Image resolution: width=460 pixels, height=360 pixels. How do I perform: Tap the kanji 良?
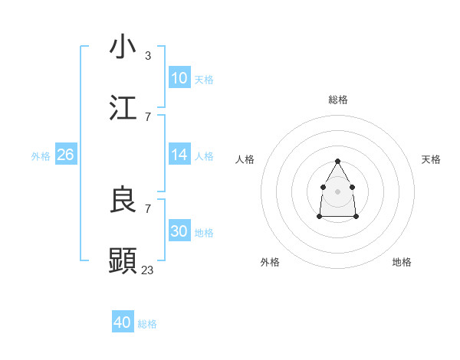pyautogui.click(x=123, y=200)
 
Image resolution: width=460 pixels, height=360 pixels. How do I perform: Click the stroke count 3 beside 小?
pyautogui.click(x=148, y=55)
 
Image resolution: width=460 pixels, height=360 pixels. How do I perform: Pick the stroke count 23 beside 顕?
pyautogui.click(x=148, y=270)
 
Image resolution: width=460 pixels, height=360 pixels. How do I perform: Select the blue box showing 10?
pyautogui.click(x=179, y=78)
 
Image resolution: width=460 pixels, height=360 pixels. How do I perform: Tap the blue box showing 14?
pyautogui.click(x=179, y=155)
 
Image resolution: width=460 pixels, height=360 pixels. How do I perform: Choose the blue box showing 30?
pyautogui.click(x=179, y=231)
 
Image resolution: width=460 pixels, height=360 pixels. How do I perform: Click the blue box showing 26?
pyautogui.click(x=66, y=155)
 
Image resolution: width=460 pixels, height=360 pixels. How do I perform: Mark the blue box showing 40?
pyautogui.click(x=123, y=322)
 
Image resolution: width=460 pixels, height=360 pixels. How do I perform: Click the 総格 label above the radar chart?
pyautogui.click(x=338, y=100)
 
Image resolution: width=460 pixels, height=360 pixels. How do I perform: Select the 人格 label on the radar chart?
pyautogui.click(x=245, y=159)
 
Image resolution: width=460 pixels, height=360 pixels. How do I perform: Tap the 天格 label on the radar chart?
pyautogui.click(x=431, y=159)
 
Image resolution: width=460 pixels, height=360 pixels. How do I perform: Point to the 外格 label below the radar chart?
pyautogui.click(x=270, y=262)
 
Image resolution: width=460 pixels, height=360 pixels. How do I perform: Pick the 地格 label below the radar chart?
pyautogui.click(x=402, y=262)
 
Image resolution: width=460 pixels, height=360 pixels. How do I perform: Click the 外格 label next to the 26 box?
pyautogui.click(x=41, y=155)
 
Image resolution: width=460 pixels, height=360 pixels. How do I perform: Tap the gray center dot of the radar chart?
pyautogui.click(x=337, y=191)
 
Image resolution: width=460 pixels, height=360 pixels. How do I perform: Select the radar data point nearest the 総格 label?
pyautogui.click(x=337, y=161)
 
